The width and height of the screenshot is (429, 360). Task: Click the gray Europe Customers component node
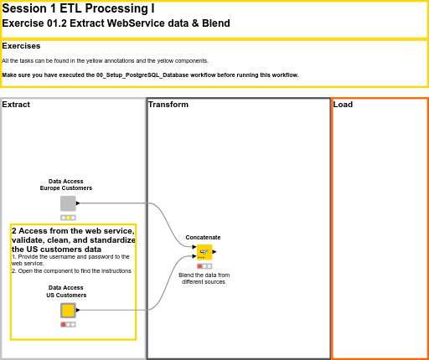pyautogui.click(x=68, y=203)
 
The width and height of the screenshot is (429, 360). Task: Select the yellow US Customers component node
pyautogui.click(x=68, y=311)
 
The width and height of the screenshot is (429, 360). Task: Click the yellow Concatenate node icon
pyautogui.click(x=204, y=252)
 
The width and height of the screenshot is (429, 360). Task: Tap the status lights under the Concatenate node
pyautogui.click(x=204, y=266)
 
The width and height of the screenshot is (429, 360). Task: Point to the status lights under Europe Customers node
pyautogui.click(x=68, y=218)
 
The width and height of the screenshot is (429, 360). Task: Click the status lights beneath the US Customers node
pyautogui.click(x=68, y=325)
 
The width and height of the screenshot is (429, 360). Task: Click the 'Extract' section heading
pyautogui.click(x=16, y=105)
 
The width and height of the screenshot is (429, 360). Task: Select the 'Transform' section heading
pyautogui.click(x=168, y=105)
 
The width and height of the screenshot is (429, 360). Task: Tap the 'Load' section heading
pyautogui.click(x=343, y=105)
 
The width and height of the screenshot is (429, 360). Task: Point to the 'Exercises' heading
pyautogui.click(x=21, y=46)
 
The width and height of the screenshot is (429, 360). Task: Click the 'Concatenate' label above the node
pyautogui.click(x=203, y=238)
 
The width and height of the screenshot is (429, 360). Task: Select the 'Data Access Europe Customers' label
pyautogui.click(x=66, y=185)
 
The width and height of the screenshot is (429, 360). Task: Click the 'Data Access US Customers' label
pyautogui.click(x=66, y=291)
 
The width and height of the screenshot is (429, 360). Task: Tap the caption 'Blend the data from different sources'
pyautogui.click(x=204, y=278)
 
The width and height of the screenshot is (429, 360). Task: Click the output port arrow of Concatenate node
pyautogui.click(x=214, y=251)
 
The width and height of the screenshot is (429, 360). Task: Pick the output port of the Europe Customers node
pyautogui.click(x=78, y=203)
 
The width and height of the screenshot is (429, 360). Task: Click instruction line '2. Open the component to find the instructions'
pyautogui.click(x=71, y=271)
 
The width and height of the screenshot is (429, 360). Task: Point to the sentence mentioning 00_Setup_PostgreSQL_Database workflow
pyautogui.click(x=150, y=75)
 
